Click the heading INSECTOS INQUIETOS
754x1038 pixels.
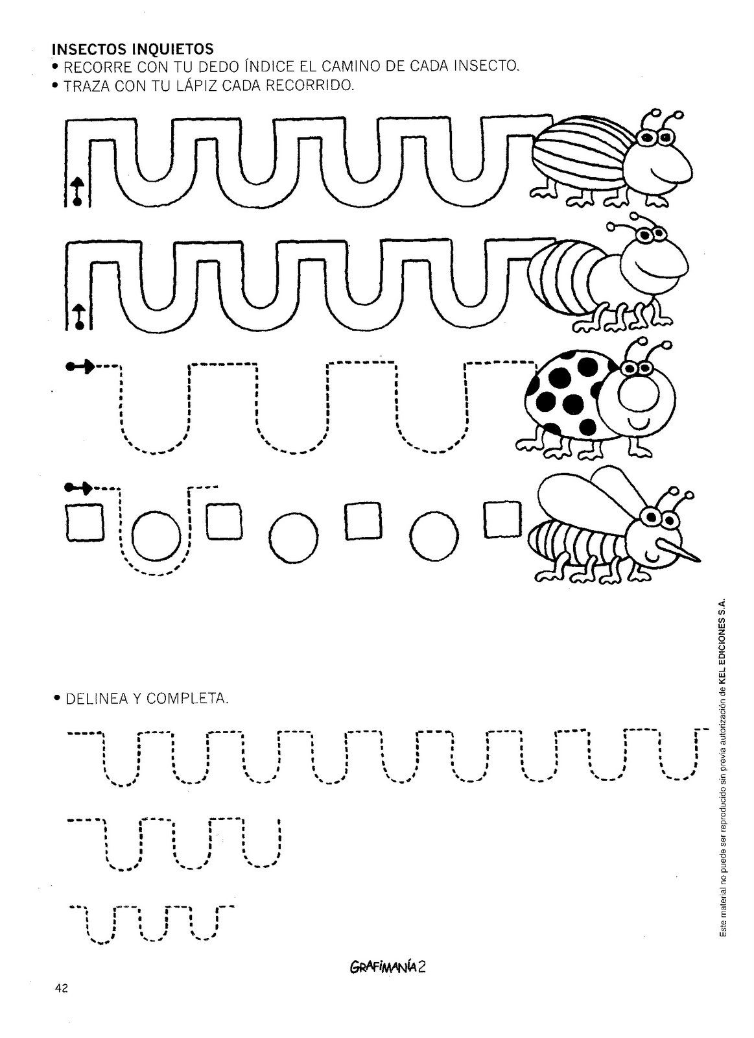pos(133,48)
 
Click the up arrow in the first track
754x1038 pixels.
pos(78,191)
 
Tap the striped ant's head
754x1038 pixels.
pos(654,264)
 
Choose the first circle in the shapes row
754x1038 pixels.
pos(157,536)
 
